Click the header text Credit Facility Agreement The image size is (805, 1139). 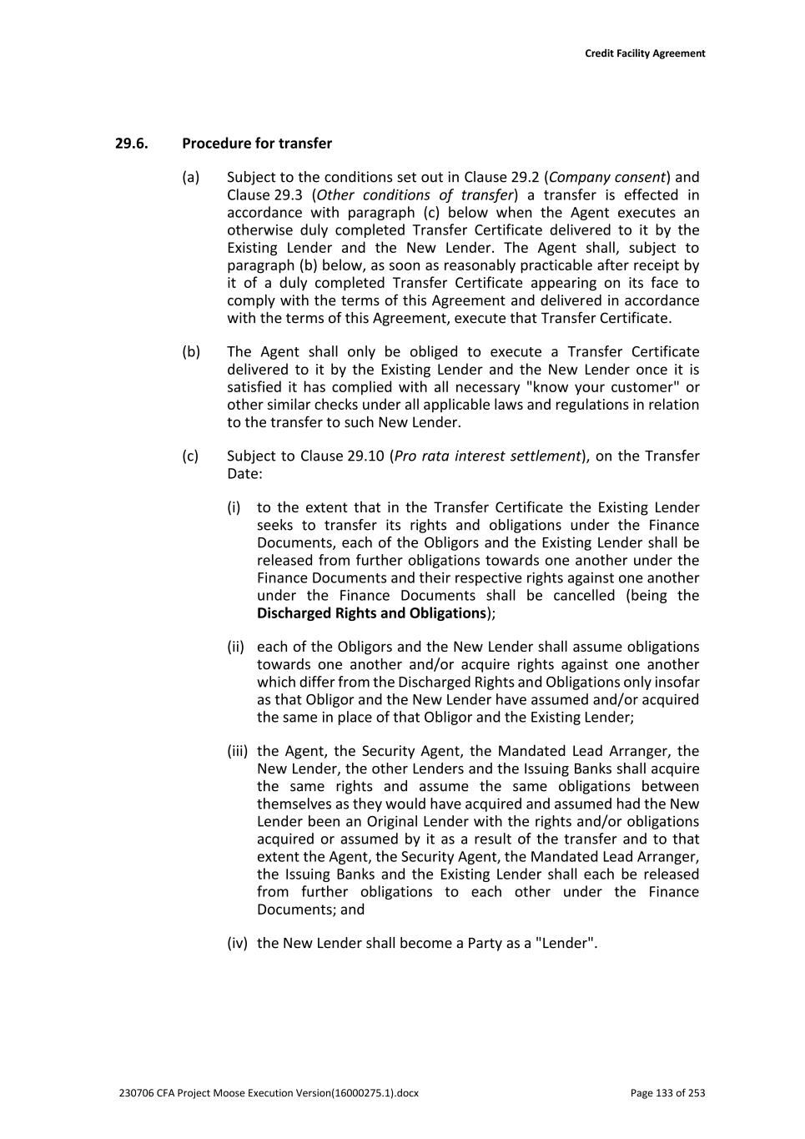(644, 53)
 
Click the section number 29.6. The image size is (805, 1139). (131, 144)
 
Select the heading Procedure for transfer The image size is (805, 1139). (257, 144)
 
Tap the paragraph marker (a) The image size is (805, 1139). (191, 178)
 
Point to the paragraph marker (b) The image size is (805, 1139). (191, 352)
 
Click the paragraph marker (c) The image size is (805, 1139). (191, 456)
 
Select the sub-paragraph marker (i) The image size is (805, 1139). (234, 508)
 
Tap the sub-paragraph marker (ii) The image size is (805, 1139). (235, 648)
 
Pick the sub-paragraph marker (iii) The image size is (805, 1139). (238, 752)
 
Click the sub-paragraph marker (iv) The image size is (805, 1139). (238, 944)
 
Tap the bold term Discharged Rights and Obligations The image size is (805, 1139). (371, 613)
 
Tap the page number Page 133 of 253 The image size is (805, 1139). (667, 1093)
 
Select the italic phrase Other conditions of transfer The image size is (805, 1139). (415, 195)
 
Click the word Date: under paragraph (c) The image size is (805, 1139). (244, 474)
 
